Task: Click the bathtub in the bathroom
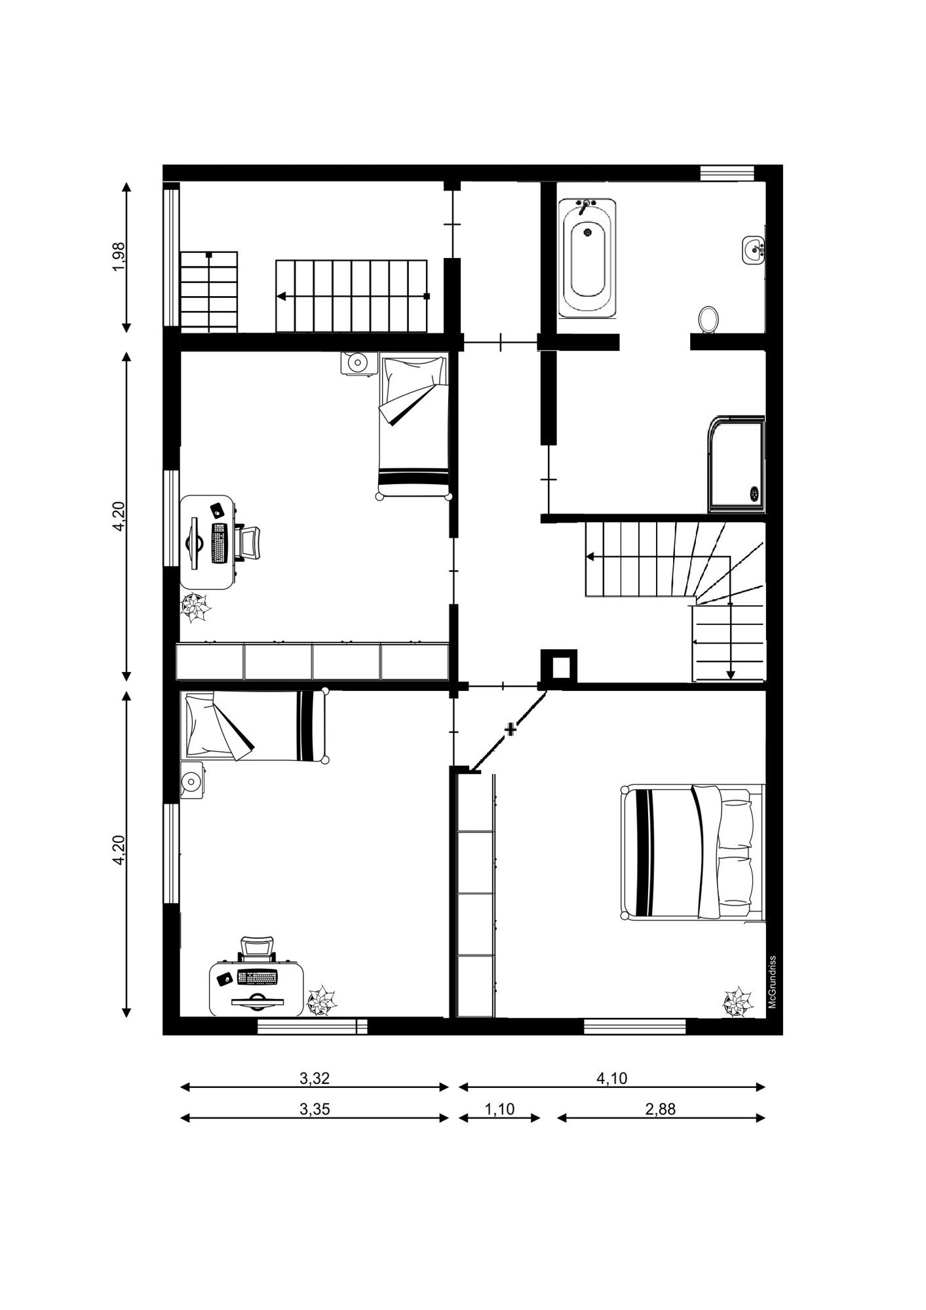[x=587, y=259]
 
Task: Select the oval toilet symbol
[x=709, y=320]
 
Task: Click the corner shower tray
[x=736, y=464]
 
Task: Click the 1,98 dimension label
[x=119, y=257]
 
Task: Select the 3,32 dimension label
[x=315, y=1078]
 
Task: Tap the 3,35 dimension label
[x=315, y=1109]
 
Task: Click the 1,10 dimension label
[x=499, y=1109]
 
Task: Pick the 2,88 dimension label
[x=659, y=1109]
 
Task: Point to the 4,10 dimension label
[x=611, y=1078]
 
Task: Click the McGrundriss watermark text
[x=773, y=982]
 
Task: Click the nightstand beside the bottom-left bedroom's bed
[x=192, y=781]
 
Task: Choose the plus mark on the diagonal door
[x=511, y=729]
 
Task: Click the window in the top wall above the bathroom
[x=727, y=173]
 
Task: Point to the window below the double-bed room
[x=635, y=1026]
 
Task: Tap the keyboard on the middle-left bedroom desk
[x=219, y=543]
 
